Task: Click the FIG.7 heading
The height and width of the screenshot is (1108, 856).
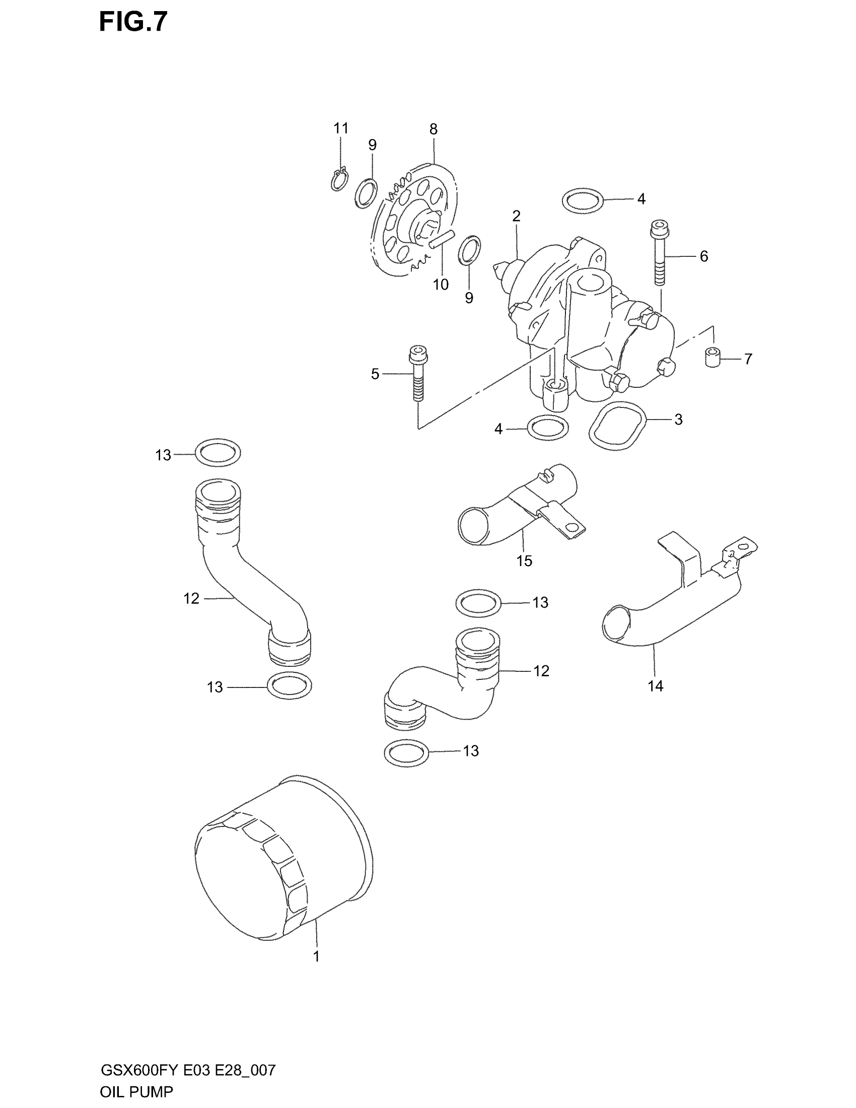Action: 133,22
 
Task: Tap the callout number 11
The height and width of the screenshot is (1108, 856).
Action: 341,128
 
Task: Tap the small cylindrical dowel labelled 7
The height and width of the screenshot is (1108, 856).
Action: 712,357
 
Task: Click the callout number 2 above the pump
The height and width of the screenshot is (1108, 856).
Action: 516,217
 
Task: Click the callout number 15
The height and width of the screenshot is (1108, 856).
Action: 524,561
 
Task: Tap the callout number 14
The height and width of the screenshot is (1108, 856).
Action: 655,686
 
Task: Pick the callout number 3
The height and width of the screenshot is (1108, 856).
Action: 679,420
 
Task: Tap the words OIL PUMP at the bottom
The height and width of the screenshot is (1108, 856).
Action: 136,1092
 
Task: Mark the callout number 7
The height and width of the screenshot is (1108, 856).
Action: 748,359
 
